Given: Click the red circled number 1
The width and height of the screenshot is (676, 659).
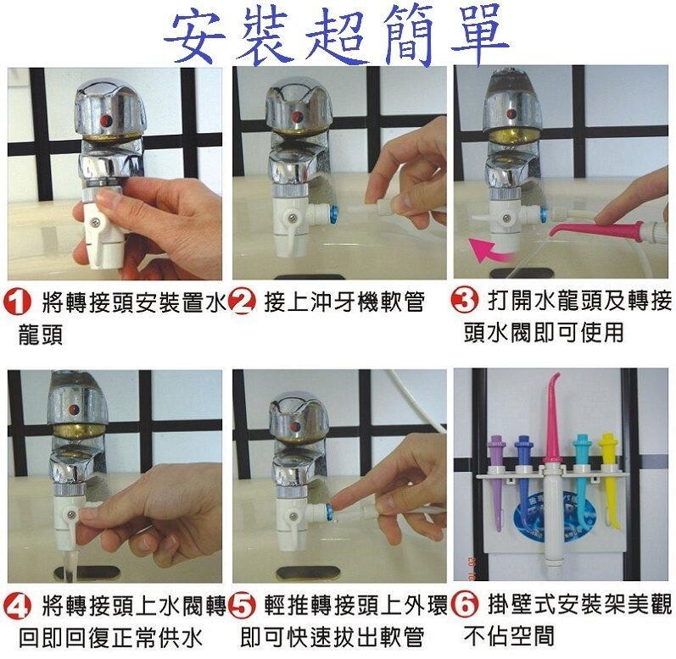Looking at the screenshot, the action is tap(17, 301).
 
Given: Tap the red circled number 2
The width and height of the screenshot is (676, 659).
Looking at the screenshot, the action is tap(242, 301).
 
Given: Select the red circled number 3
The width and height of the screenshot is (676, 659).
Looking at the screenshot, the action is tap(464, 300).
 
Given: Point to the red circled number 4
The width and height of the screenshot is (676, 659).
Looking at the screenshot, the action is tap(17, 606).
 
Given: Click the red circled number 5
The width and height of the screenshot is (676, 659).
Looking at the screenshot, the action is tap(242, 606).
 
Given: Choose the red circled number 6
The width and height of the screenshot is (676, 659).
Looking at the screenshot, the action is tap(464, 604).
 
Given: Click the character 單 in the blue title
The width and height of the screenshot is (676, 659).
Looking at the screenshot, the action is tap(478, 35).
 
